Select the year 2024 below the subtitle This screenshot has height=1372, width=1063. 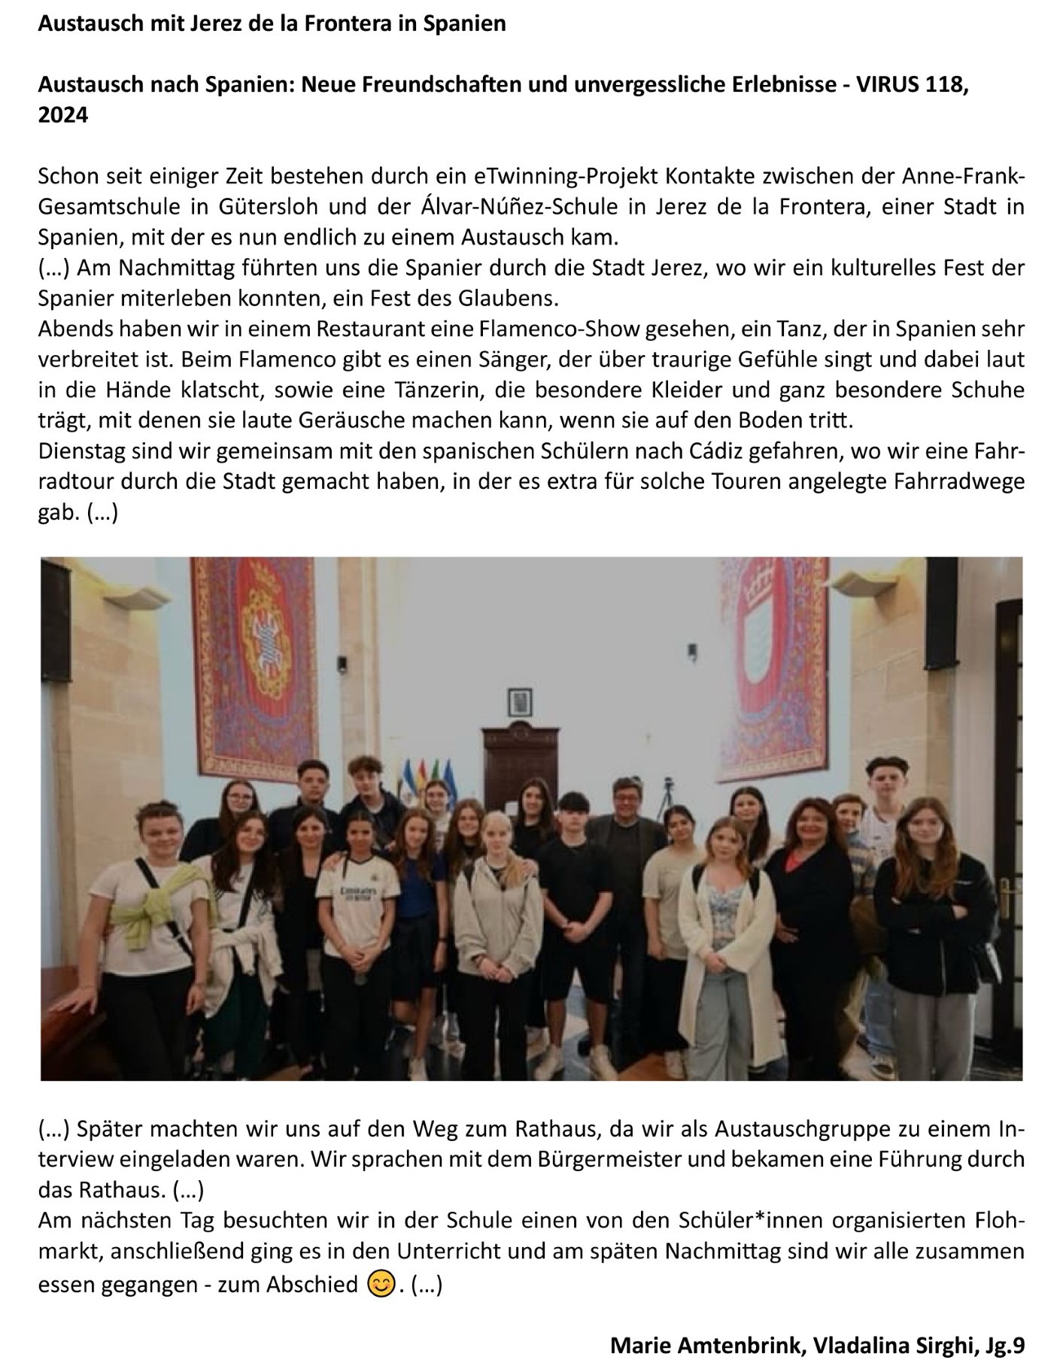point(63,115)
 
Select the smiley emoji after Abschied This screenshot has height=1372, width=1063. point(381,1283)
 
